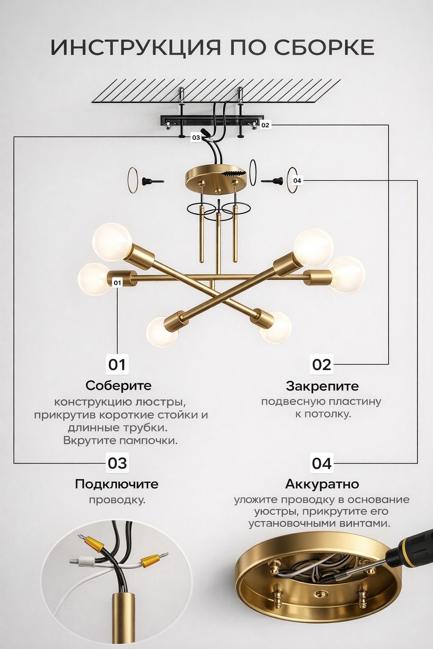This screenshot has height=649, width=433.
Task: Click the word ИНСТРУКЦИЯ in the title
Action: [135, 47]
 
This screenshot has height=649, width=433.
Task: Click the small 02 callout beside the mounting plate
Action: [265, 125]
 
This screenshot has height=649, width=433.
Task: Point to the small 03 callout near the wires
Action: [196, 138]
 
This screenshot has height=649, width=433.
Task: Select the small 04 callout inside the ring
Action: [297, 181]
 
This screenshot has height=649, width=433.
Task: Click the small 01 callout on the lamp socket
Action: [117, 283]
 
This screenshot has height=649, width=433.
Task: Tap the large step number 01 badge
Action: [117, 365]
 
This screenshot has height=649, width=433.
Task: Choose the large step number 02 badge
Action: [322, 365]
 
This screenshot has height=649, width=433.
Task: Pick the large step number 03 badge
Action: [118, 463]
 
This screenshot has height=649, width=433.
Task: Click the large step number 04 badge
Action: [322, 463]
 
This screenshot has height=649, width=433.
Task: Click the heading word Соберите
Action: [118, 386]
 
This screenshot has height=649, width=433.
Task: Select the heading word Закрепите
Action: [322, 386]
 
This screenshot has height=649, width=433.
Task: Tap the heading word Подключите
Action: [117, 484]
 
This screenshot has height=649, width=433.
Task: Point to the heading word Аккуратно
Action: [322, 484]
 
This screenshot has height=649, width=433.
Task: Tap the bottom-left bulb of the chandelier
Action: [162, 332]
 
